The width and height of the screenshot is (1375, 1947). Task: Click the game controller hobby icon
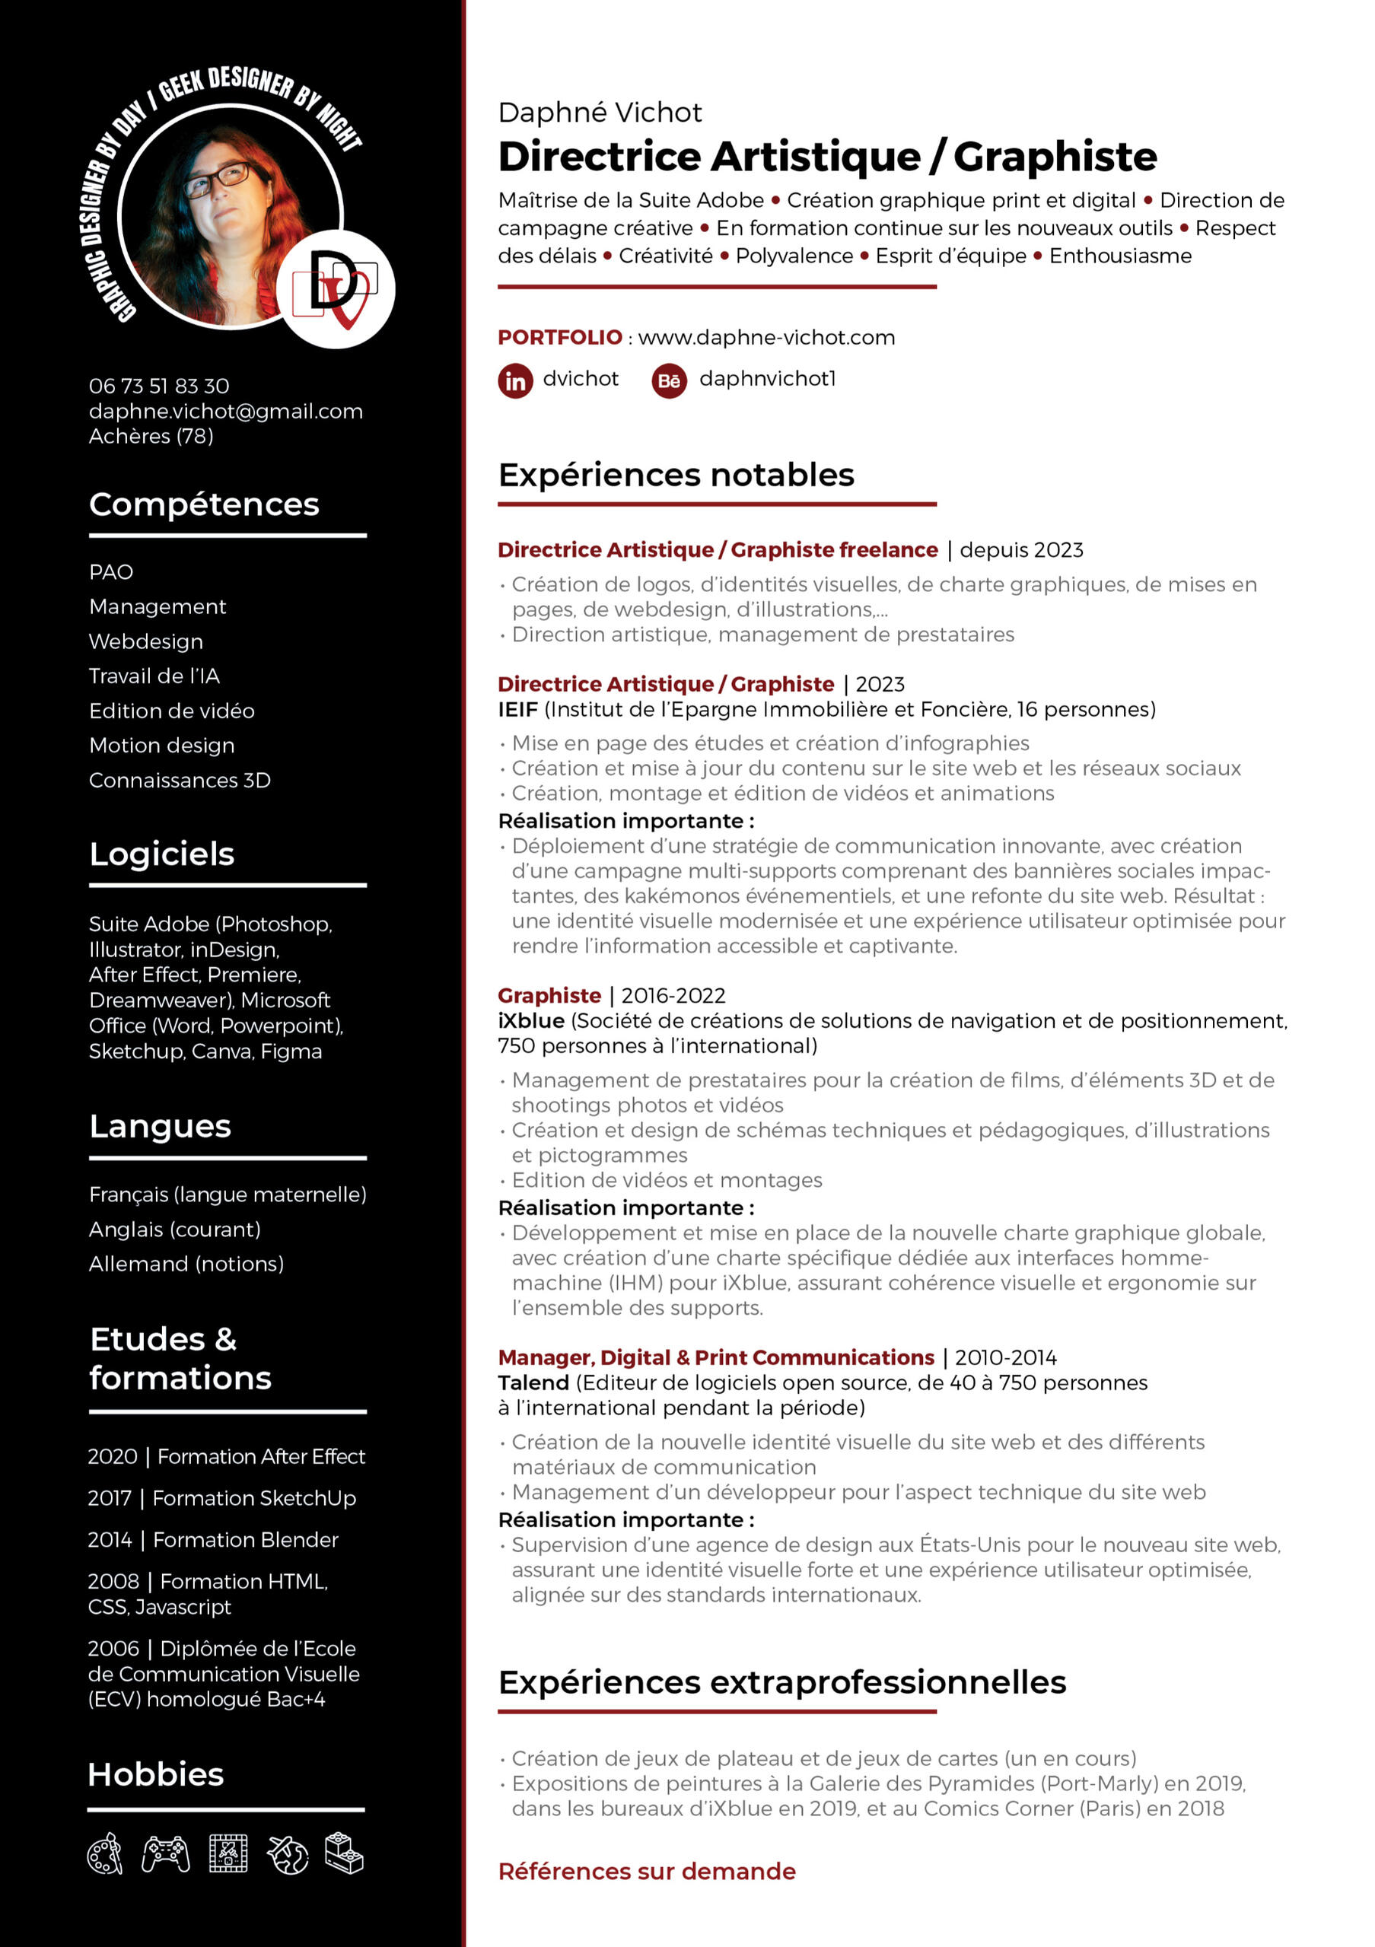click(165, 1853)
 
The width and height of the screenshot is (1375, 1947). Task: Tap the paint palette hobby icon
click(105, 1853)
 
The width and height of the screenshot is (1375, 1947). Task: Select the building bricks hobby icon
click(345, 1852)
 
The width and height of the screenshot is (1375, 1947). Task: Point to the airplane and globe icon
click(288, 1853)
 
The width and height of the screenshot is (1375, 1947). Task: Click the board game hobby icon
click(228, 1853)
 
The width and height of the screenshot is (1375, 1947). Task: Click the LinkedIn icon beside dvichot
click(515, 380)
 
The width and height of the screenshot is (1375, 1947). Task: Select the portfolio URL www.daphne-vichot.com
click(766, 338)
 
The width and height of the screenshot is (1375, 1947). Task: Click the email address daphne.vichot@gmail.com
click(226, 412)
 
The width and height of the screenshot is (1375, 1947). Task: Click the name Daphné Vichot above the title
click(600, 113)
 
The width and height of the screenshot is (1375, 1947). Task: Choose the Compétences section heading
click(205, 504)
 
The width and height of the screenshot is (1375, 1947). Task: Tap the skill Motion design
click(162, 746)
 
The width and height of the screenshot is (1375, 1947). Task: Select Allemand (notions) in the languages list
click(186, 1264)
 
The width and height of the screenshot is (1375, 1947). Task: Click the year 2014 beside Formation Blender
click(110, 1540)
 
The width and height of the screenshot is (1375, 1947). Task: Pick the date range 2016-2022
click(673, 995)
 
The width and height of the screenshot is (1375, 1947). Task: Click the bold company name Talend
click(533, 1383)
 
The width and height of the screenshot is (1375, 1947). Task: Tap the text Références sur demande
click(646, 1872)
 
